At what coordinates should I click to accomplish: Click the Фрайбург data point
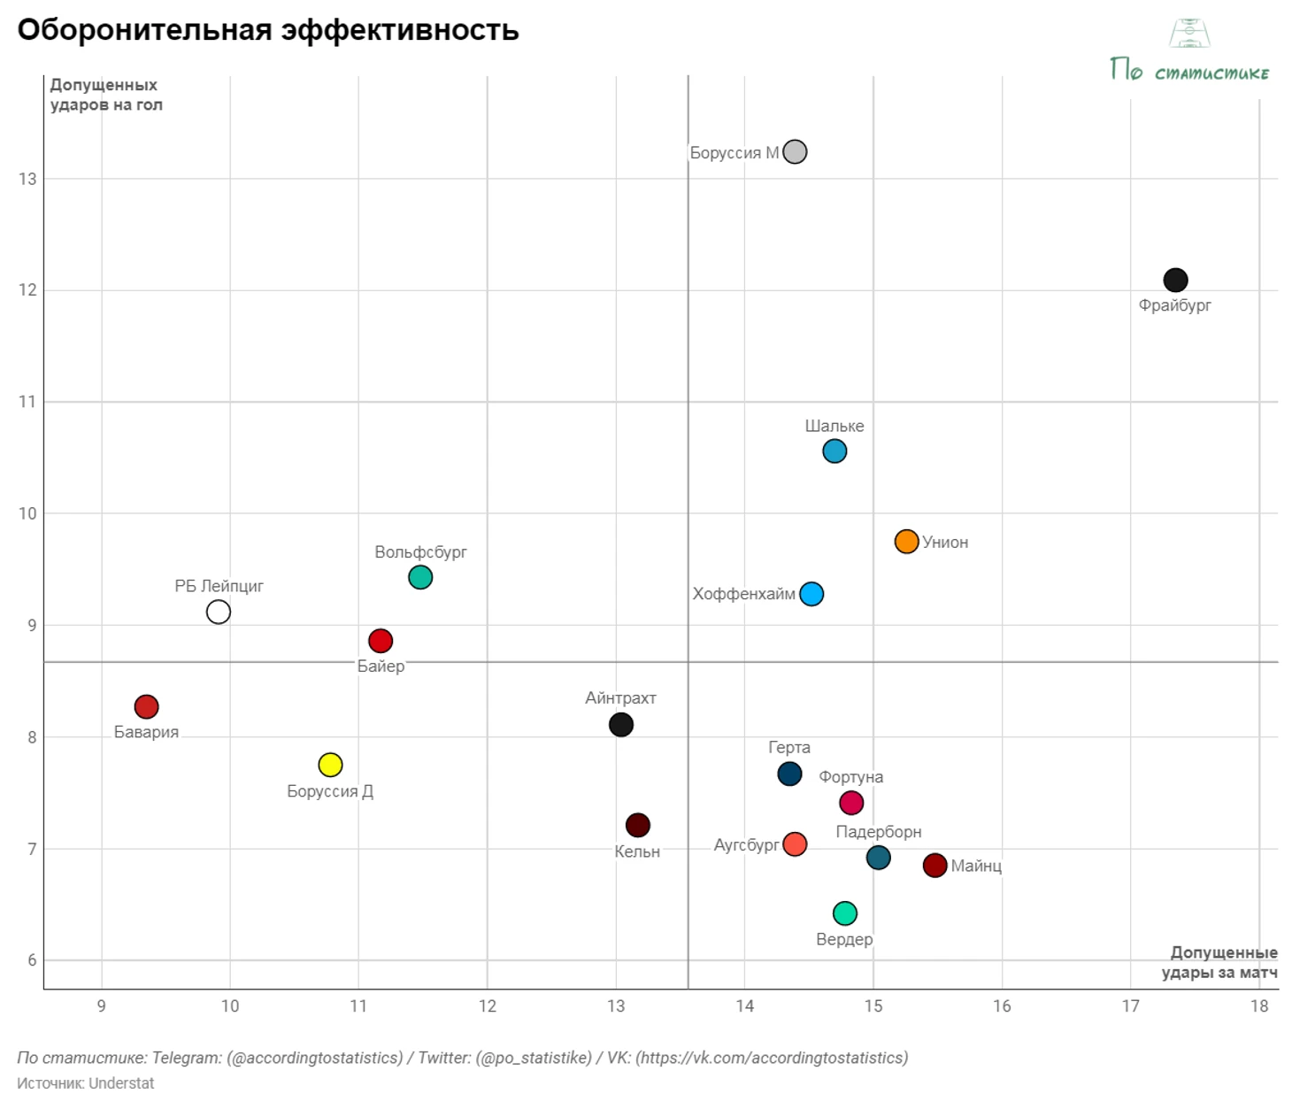[x=1175, y=281]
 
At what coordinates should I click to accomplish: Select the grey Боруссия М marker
[x=795, y=152]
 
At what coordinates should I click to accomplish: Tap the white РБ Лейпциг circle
[x=219, y=612]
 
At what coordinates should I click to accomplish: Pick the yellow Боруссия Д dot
[x=330, y=765]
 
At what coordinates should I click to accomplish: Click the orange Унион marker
[x=906, y=542]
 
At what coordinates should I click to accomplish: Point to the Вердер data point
[x=845, y=913]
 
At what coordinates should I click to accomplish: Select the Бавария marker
[x=147, y=706]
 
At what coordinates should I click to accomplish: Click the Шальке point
[x=834, y=451]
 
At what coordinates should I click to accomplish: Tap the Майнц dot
[x=935, y=866]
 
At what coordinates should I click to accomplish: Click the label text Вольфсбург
[x=420, y=552]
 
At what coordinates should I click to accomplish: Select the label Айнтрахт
[x=620, y=698]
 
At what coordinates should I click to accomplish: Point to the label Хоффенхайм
[x=743, y=594]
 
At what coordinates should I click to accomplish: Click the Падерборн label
[x=879, y=832]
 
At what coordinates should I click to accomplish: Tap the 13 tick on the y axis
[x=28, y=179]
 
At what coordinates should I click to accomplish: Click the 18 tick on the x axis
[x=1259, y=1006]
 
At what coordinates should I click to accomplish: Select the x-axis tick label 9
[x=102, y=1006]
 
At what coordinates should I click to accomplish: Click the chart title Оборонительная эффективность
[x=268, y=30]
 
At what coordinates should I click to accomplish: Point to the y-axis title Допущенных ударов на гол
[x=106, y=95]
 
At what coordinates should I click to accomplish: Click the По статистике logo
[x=1189, y=53]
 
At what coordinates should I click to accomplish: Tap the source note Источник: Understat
[x=86, y=1083]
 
